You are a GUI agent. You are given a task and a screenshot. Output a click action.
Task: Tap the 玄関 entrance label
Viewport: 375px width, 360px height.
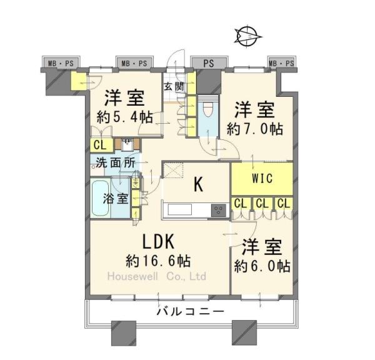pos(174,87)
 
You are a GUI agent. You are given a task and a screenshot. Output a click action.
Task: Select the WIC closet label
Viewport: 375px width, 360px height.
pos(261,178)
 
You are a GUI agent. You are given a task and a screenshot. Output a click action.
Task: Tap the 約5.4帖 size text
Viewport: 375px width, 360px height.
pos(125,116)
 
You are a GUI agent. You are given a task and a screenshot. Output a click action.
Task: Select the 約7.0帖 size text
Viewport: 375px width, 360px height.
pos(255,129)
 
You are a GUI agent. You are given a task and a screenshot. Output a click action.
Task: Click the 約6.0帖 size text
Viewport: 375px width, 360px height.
pos(262,266)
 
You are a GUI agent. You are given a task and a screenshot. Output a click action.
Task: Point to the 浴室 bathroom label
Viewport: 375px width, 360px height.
pos(116,199)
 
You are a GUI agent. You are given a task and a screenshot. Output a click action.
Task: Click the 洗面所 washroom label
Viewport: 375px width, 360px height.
pos(115,162)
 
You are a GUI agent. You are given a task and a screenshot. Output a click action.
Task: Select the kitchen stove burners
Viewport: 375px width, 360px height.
pos(219,209)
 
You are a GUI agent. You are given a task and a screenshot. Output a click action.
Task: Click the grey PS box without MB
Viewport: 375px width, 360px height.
pos(208,63)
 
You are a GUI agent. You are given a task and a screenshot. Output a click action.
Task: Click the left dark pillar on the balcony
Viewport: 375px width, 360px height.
pos(122,330)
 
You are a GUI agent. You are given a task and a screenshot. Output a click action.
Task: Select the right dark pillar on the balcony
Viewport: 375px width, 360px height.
pos(244,330)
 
